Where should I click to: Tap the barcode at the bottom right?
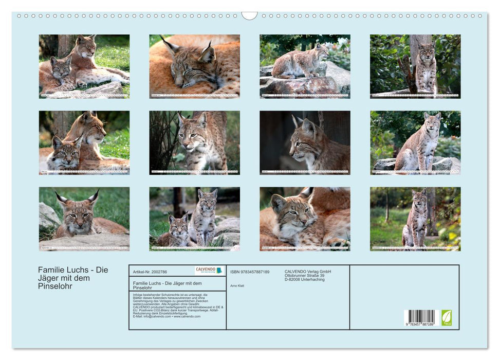[x=419, y=316]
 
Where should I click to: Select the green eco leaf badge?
[x=447, y=317]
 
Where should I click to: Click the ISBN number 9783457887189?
[x=250, y=272]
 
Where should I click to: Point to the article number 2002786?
[x=150, y=272]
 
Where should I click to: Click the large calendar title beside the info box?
[x=73, y=278]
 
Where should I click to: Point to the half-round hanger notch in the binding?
[x=249, y=16]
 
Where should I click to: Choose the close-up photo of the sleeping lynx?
[x=194, y=66]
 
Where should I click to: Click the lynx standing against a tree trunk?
[x=415, y=66]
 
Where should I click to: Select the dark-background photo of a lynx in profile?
[x=305, y=142]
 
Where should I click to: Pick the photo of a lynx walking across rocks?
[x=305, y=66]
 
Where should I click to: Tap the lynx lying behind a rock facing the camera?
[x=84, y=219]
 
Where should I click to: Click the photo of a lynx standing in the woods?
[x=415, y=219]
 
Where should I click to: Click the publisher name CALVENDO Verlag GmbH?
[x=308, y=272]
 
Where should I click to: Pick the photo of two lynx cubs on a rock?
[x=194, y=219]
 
